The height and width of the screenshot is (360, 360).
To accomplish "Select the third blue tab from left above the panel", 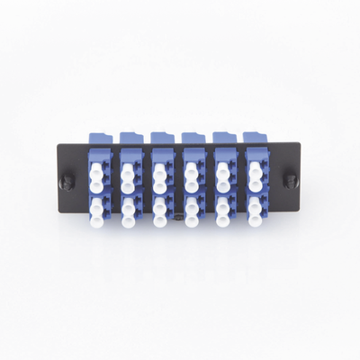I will (x=163, y=137).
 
